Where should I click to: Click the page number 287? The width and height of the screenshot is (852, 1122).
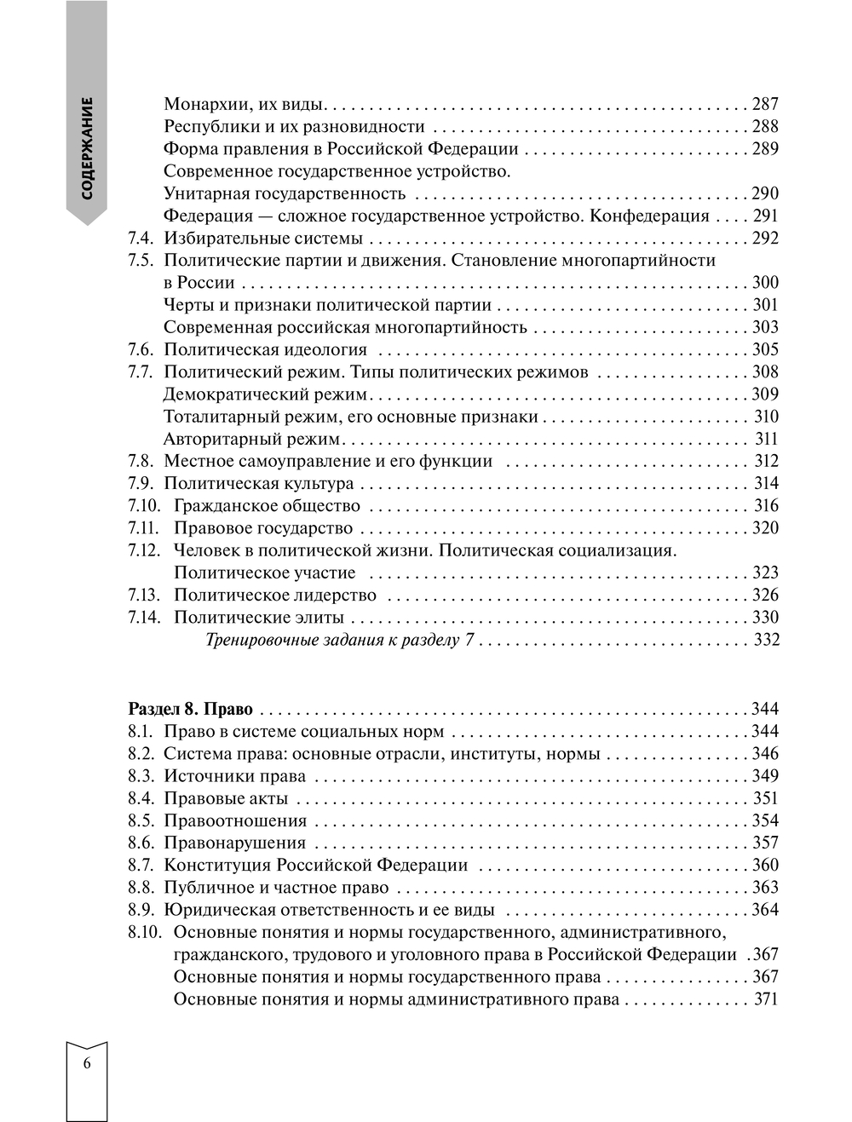tap(765, 105)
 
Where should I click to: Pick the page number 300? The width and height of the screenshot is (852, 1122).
tap(765, 283)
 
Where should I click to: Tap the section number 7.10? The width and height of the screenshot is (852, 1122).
tap(143, 506)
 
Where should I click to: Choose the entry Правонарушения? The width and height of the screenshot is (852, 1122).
tap(234, 843)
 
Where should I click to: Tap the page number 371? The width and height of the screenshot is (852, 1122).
tap(766, 999)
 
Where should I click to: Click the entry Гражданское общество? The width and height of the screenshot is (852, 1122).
tap(267, 506)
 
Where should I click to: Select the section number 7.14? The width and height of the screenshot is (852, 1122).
tap(143, 618)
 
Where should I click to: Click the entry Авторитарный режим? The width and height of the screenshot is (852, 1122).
tap(251, 440)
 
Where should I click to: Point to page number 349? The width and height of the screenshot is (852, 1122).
tap(765, 776)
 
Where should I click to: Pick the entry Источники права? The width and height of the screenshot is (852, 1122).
tap(234, 776)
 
